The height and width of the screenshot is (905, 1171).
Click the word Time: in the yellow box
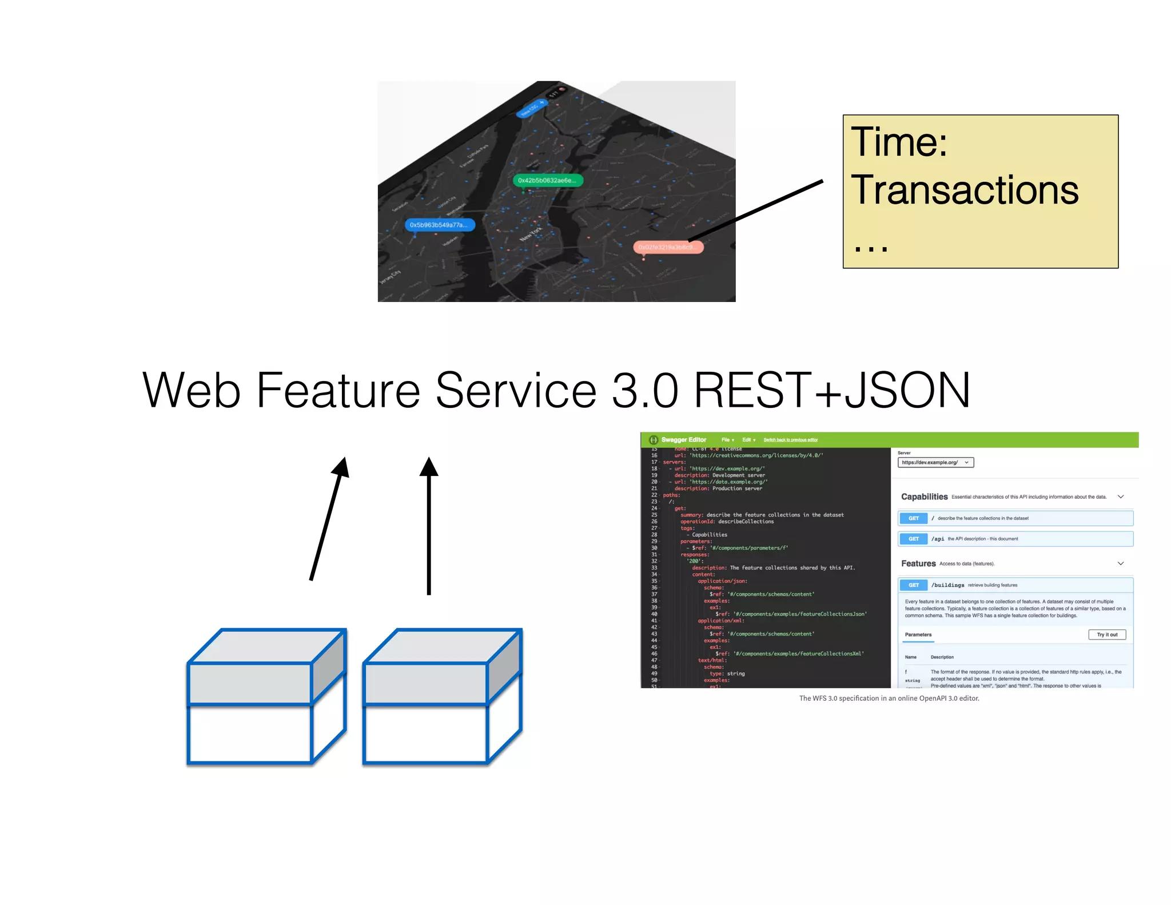coord(898,142)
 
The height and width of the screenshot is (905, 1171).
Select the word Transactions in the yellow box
coord(964,190)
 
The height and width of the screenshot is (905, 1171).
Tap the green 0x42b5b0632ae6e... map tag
coord(547,180)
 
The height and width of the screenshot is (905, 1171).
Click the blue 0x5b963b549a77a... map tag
coord(439,225)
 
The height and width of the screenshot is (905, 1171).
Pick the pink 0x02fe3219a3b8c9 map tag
coord(668,247)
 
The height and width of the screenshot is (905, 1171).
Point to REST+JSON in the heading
coord(832,390)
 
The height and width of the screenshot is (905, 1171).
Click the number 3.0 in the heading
coord(644,390)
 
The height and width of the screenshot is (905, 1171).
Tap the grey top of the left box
coord(266,646)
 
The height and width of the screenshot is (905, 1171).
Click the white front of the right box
coord(425,734)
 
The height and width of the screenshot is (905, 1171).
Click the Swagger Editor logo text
coord(683,440)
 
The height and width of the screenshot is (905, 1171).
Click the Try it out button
coord(1106,634)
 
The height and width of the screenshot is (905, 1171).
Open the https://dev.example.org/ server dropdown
coord(935,462)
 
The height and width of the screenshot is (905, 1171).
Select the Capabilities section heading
coord(924,497)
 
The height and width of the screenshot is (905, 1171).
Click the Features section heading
coord(918,563)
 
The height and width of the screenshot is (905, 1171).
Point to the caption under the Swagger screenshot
coord(889,698)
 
